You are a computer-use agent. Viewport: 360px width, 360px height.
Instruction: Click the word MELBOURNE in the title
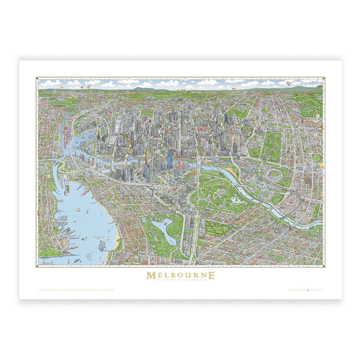point(180,275)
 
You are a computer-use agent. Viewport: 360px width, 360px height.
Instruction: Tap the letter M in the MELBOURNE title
point(150,275)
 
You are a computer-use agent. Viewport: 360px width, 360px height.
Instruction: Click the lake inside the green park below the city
point(162,227)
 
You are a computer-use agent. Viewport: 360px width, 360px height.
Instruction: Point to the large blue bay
point(84,216)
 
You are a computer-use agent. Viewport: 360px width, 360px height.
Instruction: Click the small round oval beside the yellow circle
point(316,158)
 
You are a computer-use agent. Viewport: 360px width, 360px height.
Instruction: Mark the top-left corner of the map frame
point(37,77)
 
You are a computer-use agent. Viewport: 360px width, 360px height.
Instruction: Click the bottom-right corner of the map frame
point(324,266)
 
